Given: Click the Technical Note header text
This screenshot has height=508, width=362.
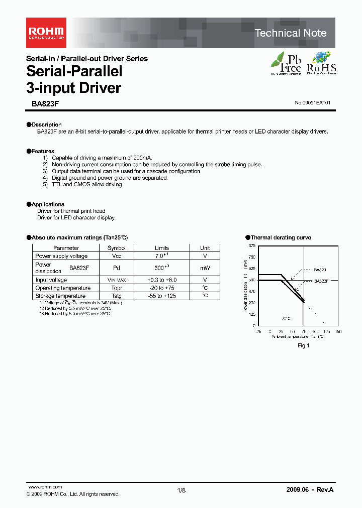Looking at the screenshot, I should pyautogui.click(x=290, y=33).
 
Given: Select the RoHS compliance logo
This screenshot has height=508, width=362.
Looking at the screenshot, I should pyautogui.click(x=321, y=63).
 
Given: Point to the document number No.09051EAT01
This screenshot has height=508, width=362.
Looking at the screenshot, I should pyautogui.click(x=312, y=103).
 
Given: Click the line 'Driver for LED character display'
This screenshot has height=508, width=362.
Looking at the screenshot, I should pyautogui.click(x=76, y=218).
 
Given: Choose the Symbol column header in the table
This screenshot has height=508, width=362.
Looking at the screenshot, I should pyautogui.click(x=117, y=248).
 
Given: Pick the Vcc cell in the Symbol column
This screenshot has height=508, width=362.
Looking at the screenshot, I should pyautogui.click(x=117, y=256).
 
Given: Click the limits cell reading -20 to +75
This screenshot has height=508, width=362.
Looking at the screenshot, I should pyautogui.click(x=162, y=288).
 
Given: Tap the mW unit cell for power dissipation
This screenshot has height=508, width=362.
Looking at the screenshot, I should pyautogui.click(x=205, y=268).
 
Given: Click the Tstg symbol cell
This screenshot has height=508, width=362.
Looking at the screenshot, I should pyautogui.click(x=117, y=296).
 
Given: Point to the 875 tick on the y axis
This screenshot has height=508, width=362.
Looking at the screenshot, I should pyautogui.click(x=251, y=245).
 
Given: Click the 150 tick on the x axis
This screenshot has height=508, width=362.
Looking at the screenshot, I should pyautogui.click(x=337, y=332).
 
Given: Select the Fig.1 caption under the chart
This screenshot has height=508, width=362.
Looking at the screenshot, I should pyautogui.click(x=303, y=345).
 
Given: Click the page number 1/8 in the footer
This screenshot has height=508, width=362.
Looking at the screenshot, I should pyautogui.click(x=182, y=490).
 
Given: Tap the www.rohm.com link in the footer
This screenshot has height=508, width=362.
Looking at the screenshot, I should pyautogui.click(x=44, y=487).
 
